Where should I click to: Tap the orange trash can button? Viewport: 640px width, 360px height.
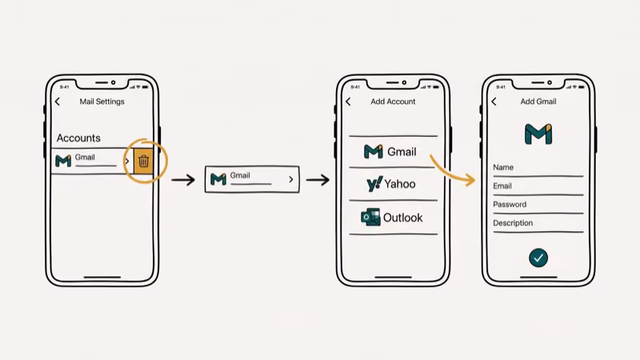[x=143, y=161]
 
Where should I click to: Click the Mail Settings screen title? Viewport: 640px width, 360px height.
[x=102, y=102]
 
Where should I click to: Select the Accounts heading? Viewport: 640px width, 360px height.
[x=78, y=138]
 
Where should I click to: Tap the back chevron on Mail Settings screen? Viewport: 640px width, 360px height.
[x=58, y=102]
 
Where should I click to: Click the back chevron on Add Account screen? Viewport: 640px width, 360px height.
[x=348, y=102]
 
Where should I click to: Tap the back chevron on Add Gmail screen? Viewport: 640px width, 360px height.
[x=494, y=102]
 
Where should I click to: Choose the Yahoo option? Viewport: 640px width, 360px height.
[x=391, y=184]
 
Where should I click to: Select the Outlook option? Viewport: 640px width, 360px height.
[x=392, y=218]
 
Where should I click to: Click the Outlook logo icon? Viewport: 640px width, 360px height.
[x=370, y=218]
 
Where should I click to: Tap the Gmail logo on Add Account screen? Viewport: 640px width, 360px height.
[x=373, y=151]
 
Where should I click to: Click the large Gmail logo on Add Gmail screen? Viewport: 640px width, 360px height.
[x=538, y=134]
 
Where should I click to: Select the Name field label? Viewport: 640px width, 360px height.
[x=503, y=167]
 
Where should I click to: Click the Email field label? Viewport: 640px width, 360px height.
[x=502, y=186]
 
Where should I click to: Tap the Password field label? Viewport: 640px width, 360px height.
[x=510, y=205]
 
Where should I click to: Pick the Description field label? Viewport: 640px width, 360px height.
[x=513, y=223]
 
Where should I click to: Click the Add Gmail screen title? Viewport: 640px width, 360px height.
[x=538, y=102]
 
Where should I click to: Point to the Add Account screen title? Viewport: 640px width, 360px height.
[x=393, y=102]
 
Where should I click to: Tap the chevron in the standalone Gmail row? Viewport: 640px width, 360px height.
[x=290, y=180]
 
